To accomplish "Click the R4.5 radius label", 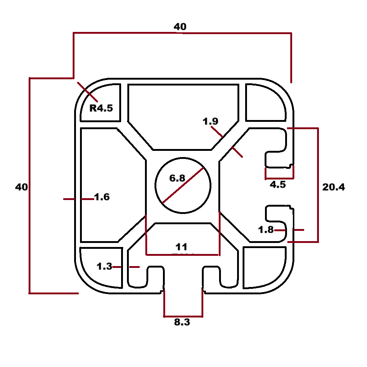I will [x=101, y=108].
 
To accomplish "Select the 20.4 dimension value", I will [x=333, y=187].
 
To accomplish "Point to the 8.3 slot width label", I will [x=182, y=323].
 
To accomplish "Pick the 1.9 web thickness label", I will [x=211, y=121].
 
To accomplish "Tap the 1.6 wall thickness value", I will [x=102, y=197].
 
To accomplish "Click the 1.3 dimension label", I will [x=104, y=267].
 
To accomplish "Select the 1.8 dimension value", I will [x=266, y=230].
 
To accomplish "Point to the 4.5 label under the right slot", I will [x=277, y=185].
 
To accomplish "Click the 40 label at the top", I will [x=180, y=27].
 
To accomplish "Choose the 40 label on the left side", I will [x=21, y=187].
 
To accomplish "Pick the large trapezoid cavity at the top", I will [x=182, y=110].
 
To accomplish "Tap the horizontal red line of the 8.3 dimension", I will [x=183, y=316].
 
